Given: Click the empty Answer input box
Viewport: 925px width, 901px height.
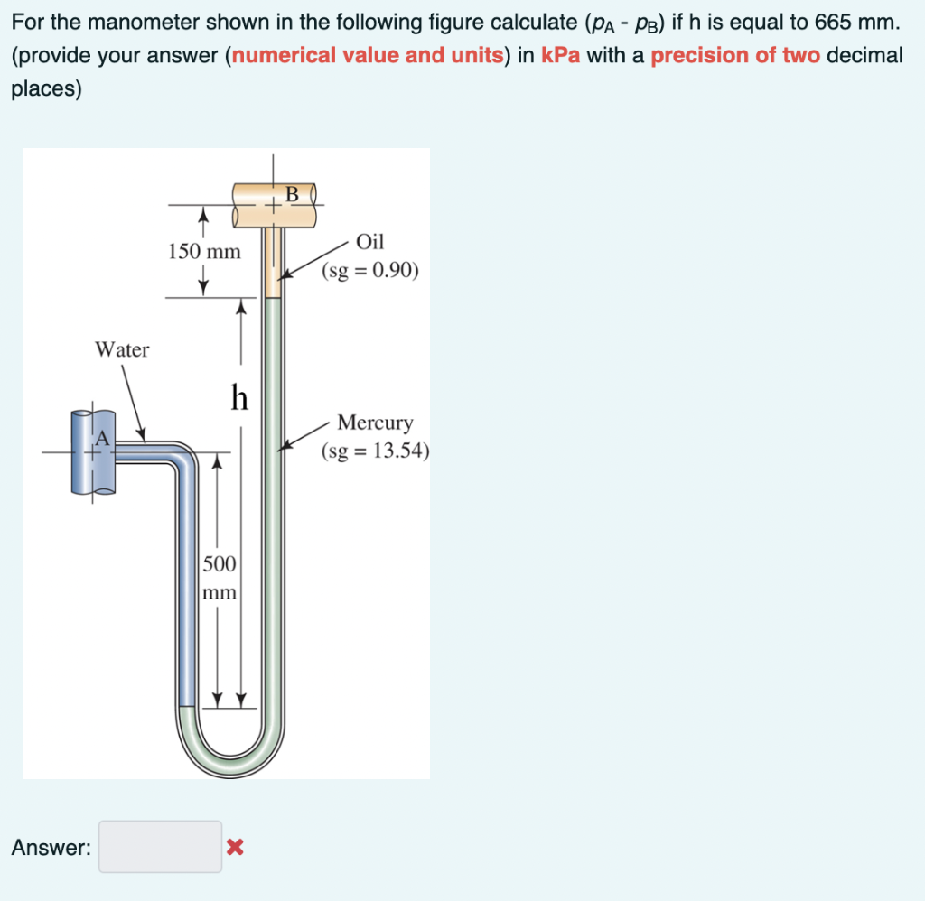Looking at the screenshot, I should coord(160,846).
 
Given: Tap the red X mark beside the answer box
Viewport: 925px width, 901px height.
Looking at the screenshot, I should coord(235,847).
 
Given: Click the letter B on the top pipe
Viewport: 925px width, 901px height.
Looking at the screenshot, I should coord(292,192).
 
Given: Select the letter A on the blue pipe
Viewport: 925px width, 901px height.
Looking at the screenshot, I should coord(103,438).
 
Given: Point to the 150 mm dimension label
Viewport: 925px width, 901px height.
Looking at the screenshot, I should coord(204,252).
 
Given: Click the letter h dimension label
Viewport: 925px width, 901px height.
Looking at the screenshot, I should coord(238,396).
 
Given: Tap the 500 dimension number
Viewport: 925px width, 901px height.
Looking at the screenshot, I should coord(219,564).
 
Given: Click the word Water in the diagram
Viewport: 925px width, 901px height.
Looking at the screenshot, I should coord(123,349).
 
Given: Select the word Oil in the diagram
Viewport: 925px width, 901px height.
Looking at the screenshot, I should coord(369,241).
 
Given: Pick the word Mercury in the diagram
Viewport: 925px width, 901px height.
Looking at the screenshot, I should coord(375,423).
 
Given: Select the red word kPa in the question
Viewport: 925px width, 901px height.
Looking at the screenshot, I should coord(559,55).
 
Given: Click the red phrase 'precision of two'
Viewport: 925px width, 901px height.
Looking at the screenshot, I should coord(735,55).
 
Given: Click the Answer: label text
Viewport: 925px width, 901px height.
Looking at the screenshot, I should coord(51,847).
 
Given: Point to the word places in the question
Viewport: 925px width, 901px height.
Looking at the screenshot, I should coord(46,89).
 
